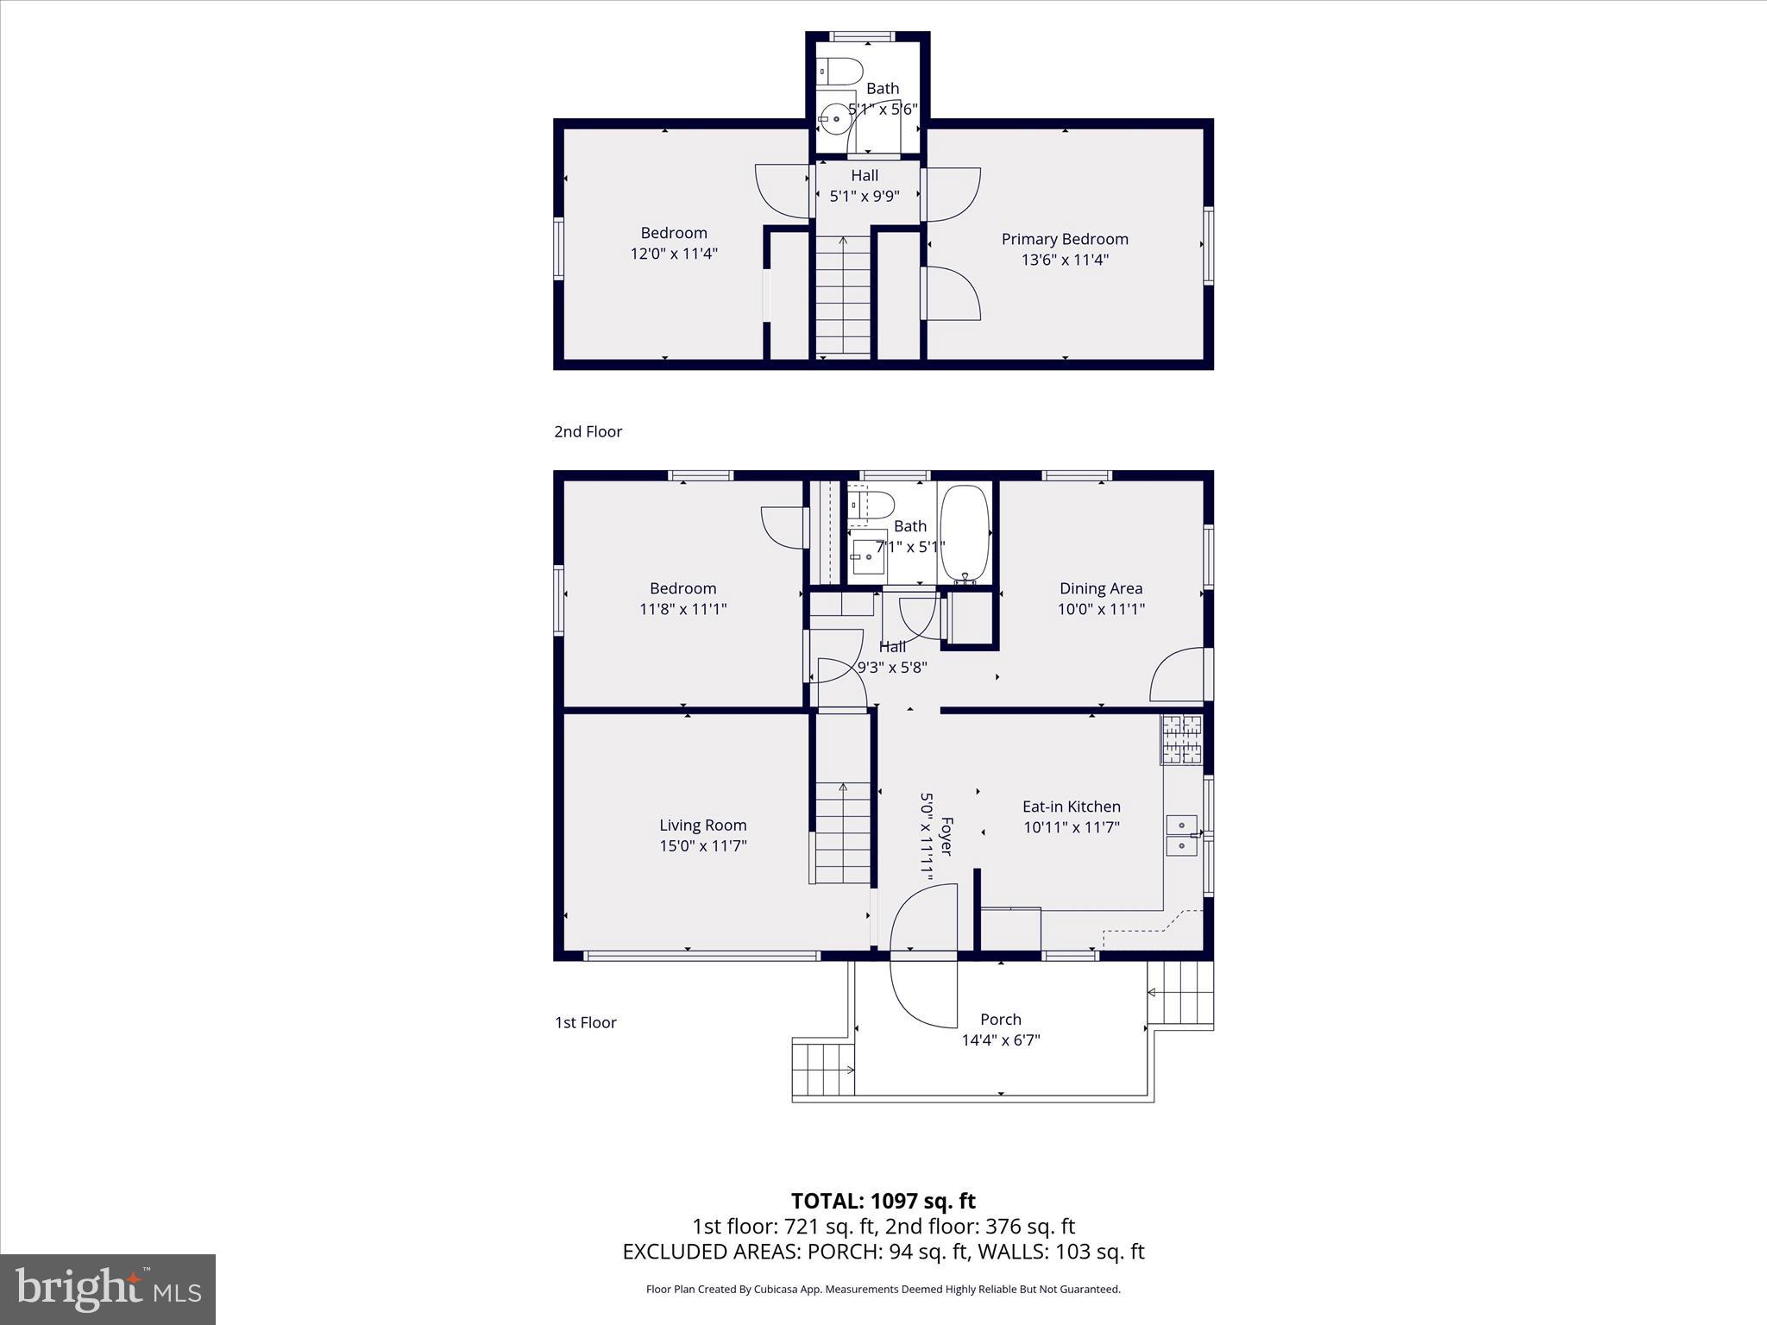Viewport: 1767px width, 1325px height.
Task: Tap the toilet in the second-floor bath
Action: (x=841, y=71)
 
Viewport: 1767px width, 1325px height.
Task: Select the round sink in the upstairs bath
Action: (x=835, y=119)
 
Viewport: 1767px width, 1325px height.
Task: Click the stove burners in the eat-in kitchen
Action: (x=1182, y=739)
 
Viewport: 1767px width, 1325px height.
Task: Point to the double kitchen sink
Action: (x=1182, y=835)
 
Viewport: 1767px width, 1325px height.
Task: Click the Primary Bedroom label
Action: (x=1065, y=239)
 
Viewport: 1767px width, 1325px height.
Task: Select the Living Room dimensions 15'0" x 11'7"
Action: (x=703, y=845)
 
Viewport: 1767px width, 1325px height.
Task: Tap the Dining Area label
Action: (x=1101, y=588)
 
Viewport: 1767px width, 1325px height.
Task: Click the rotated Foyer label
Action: (x=946, y=836)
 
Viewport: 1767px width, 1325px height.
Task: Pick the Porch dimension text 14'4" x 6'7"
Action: (x=1001, y=1040)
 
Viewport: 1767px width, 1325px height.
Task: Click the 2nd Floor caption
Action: (x=588, y=431)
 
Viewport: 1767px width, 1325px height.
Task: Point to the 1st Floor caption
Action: (x=585, y=1022)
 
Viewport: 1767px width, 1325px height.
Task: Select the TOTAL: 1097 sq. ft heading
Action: (x=883, y=1201)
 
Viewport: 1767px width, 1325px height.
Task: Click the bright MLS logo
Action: (x=108, y=1289)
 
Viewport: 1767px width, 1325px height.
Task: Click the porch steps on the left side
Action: (x=823, y=1069)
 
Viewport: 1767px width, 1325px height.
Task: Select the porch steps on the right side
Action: (x=1181, y=994)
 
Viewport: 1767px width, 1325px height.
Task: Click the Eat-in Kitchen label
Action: (x=1072, y=807)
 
